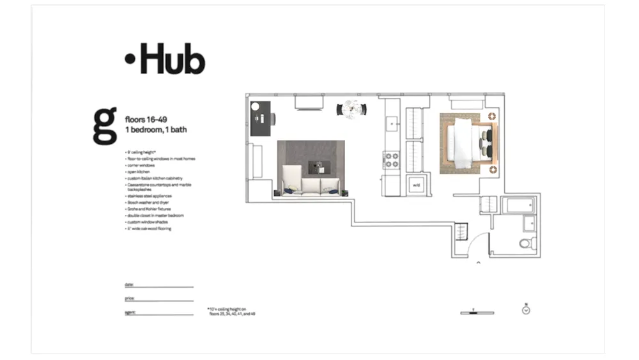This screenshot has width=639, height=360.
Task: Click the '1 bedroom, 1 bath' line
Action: pyautogui.click(x=156, y=130)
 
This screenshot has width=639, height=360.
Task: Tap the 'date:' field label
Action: pyautogui.click(x=129, y=284)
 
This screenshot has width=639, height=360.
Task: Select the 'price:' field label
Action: pyautogui.click(x=130, y=298)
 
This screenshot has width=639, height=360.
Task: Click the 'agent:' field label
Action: pyautogui.click(x=130, y=312)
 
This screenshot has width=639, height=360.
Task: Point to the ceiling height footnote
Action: pyautogui.click(x=231, y=311)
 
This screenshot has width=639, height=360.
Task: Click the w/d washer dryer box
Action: pyautogui.click(x=416, y=185)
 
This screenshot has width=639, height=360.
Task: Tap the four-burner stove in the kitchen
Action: pyautogui.click(x=391, y=160)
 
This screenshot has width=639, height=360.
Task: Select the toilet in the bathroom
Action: pyautogui.click(x=526, y=243)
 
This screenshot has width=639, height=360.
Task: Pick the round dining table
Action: pyautogui.click(x=351, y=109)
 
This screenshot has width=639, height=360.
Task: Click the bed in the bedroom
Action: pyautogui.click(x=465, y=142)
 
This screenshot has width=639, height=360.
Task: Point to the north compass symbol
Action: pyautogui.click(x=525, y=310)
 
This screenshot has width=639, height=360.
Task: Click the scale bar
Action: pyautogui.click(x=477, y=312)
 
